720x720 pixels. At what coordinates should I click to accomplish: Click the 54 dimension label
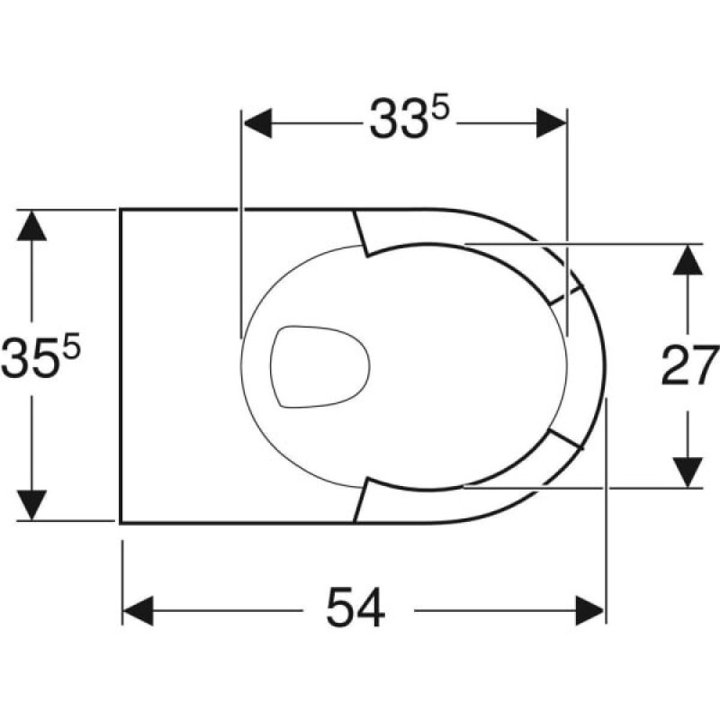(x=355, y=607)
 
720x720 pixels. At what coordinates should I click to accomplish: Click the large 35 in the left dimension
(x=31, y=358)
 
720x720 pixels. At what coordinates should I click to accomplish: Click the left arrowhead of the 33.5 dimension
(x=257, y=123)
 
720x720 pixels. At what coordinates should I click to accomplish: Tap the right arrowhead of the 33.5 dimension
(x=551, y=123)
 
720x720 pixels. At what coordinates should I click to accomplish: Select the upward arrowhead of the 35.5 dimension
(x=31, y=226)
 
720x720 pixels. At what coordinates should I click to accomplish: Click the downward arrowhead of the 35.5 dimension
(x=31, y=505)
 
